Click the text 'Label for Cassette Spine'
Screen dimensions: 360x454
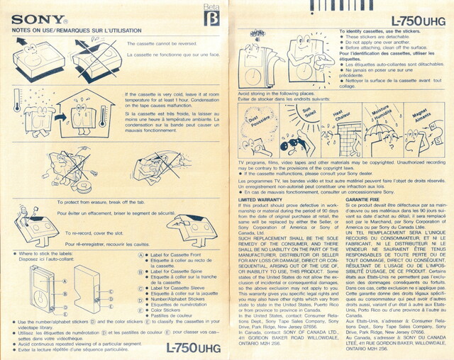click(x=177, y=271)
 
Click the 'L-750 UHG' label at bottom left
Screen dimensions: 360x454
click(x=193, y=347)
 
